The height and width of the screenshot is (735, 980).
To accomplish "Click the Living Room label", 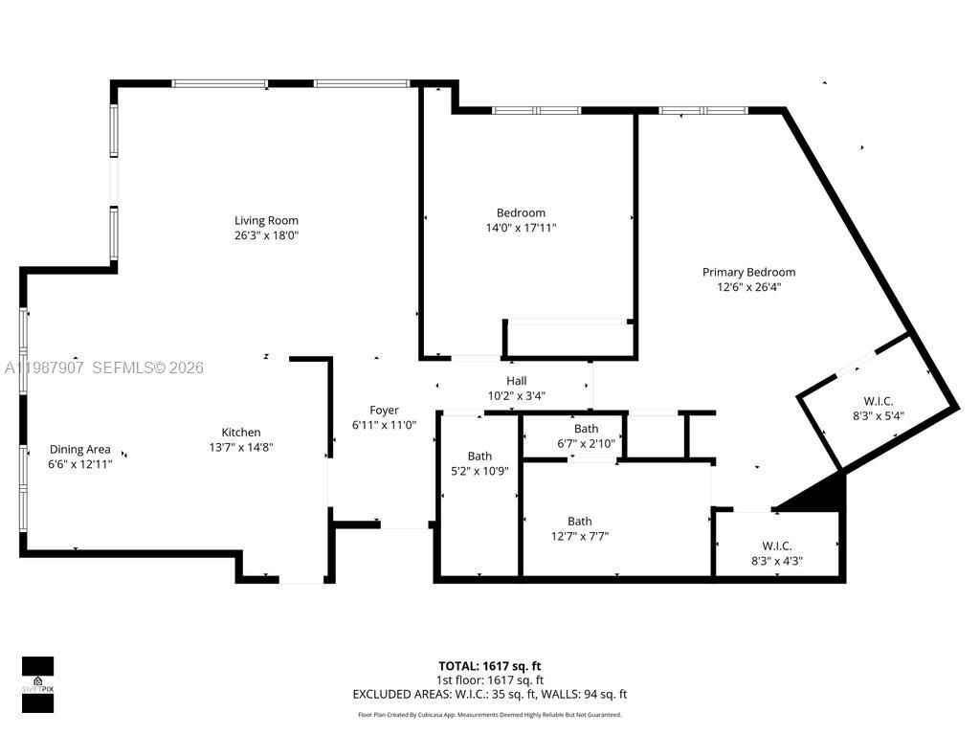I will pyautogui.click(x=266, y=221).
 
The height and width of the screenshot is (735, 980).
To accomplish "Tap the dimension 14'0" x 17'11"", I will pyautogui.click(x=521, y=228).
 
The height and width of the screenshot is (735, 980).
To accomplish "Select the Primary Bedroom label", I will pyautogui.click(x=748, y=272).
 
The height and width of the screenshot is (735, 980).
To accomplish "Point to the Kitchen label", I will pyautogui.click(x=241, y=433).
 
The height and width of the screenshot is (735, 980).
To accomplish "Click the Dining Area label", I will pyautogui.click(x=80, y=449).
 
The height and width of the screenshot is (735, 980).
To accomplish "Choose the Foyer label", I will pyautogui.click(x=384, y=411).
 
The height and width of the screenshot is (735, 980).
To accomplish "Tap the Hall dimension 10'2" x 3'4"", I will pyautogui.click(x=517, y=395).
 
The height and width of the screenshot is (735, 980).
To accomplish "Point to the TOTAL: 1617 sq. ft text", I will pyautogui.click(x=489, y=666).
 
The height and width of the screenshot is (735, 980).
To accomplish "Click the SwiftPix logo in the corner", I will pyautogui.click(x=37, y=684).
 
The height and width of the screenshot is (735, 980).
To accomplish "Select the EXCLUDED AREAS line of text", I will pyautogui.click(x=489, y=695).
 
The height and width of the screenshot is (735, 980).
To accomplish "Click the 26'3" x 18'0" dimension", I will pyautogui.click(x=266, y=234).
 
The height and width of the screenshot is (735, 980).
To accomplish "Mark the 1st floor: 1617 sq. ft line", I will pyautogui.click(x=489, y=680).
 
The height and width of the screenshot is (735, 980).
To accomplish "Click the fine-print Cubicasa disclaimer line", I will pyautogui.click(x=489, y=715).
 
